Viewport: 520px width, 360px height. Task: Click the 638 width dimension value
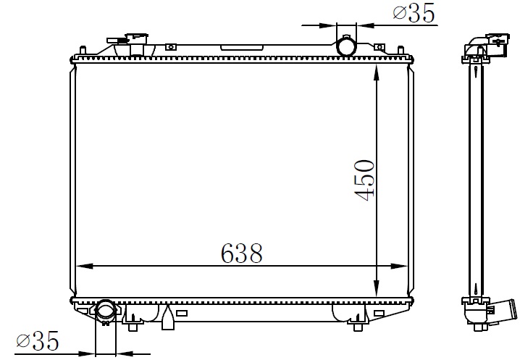coord(241,254)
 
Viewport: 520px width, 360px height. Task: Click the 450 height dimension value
coord(365,180)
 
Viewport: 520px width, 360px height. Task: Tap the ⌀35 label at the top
coord(414,13)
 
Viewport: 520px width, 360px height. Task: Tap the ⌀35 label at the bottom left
coord(38,340)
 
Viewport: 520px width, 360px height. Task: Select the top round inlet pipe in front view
coord(346,46)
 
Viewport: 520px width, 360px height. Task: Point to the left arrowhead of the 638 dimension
coord(85,266)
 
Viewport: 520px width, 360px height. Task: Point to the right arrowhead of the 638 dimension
coord(399,266)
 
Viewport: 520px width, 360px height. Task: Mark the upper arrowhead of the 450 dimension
coord(376,73)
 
